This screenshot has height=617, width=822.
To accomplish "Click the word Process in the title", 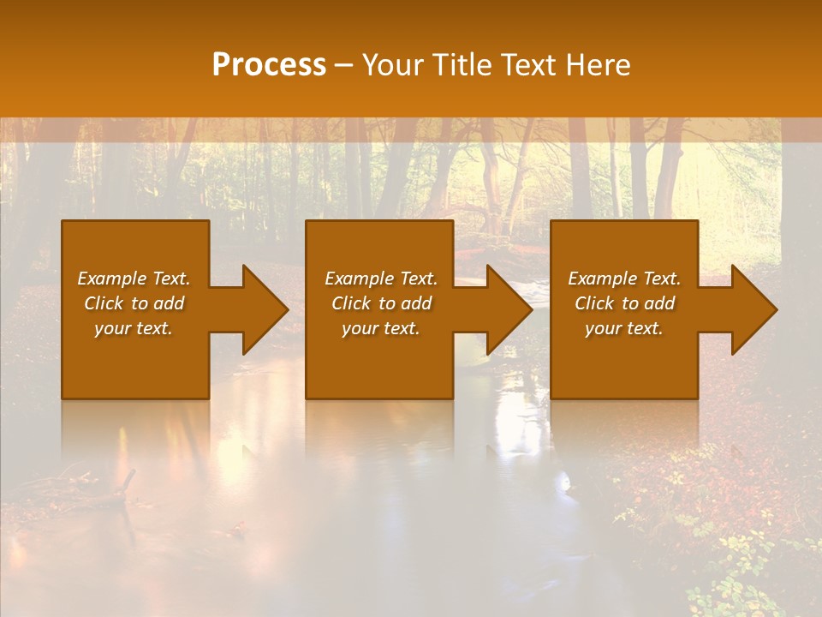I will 269,65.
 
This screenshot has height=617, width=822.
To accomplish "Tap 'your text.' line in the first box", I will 134,328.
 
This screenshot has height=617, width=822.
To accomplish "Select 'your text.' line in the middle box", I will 381,328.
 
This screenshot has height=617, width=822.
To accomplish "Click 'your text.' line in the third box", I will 624,328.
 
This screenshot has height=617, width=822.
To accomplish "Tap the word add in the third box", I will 660,303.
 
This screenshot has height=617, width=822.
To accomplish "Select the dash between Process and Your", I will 344,65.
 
